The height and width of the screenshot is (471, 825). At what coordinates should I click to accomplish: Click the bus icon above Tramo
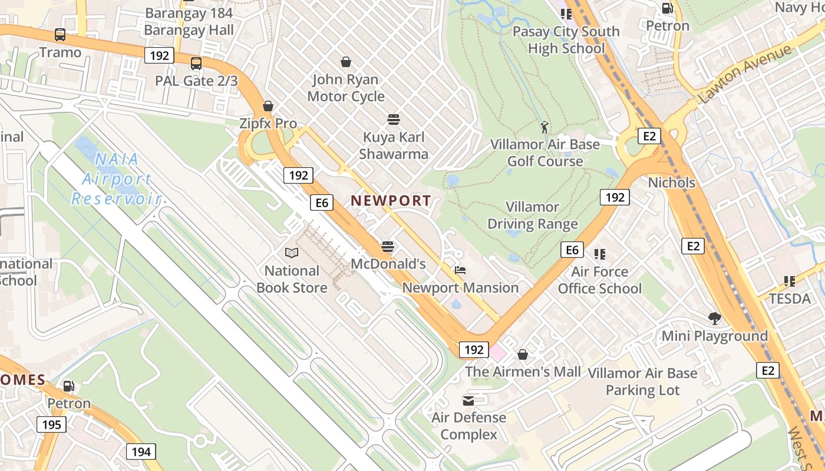(x=60, y=35)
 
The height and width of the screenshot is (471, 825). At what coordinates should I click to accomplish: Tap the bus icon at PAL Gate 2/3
(x=196, y=64)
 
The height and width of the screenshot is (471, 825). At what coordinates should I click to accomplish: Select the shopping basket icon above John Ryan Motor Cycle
(x=346, y=62)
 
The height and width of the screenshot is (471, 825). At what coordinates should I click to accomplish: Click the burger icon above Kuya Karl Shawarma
(x=394, y=120)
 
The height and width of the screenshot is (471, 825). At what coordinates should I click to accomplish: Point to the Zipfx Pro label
(x=268, y=124)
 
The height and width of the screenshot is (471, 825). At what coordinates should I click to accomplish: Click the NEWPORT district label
(x=391, y=201)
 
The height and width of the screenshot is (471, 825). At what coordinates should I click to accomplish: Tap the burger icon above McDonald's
(x=387, y=246)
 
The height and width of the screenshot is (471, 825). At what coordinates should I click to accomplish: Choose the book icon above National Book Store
(x=291, y=253)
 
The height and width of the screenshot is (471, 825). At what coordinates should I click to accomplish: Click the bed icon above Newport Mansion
(x=460, y=270)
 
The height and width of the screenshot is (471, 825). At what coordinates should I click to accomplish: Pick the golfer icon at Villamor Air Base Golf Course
(x=544, y=127)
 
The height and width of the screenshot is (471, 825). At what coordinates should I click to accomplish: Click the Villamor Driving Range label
(x=532, y=215)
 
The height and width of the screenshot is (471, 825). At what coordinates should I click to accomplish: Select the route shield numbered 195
(x=52, y=424)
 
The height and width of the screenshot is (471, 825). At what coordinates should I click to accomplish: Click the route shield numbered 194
(x=141, y=452)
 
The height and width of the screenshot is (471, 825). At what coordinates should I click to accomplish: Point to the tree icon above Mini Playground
(x=715, y=319)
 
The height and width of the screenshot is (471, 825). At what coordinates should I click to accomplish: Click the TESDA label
(x=790, y=298)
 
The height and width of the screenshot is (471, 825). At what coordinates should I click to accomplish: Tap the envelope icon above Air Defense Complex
(x=468, y=401)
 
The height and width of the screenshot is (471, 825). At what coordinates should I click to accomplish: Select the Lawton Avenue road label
(x=745, y=74)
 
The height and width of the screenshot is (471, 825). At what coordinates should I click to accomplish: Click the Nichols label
(x=671, y=183)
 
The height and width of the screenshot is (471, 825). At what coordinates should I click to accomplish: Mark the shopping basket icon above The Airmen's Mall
(x=522, y=354)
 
